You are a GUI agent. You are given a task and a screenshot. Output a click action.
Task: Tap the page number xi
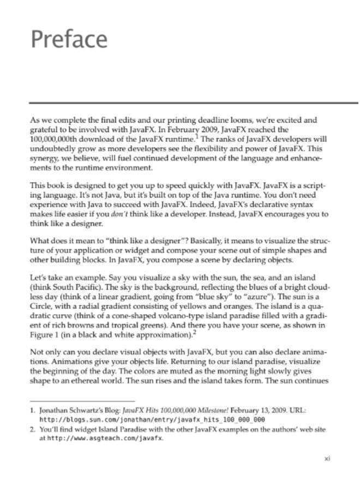tap(327, 459)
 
